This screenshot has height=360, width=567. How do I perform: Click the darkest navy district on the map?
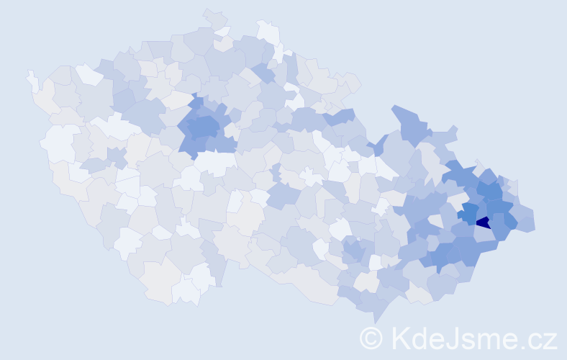[483, 222]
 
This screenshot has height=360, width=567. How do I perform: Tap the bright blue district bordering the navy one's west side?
[469, 213]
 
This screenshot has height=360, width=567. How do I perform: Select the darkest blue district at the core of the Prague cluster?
[204, 128]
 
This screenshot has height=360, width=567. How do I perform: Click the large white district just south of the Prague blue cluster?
[217, 162]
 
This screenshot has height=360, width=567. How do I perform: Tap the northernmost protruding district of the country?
[214, 17]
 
